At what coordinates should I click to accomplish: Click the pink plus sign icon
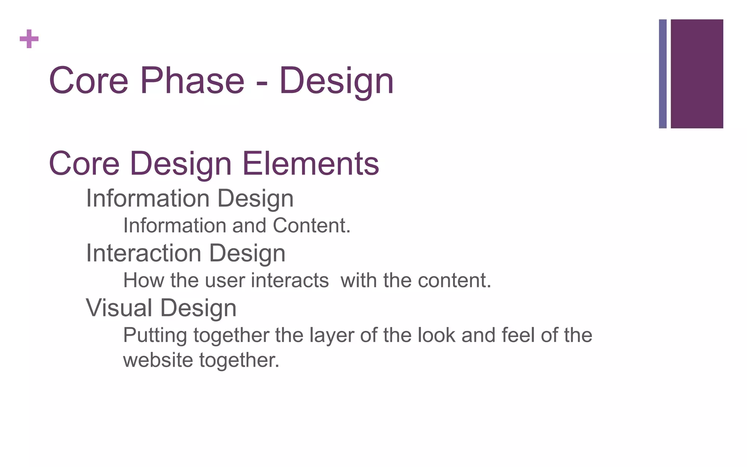(x=29, y=39)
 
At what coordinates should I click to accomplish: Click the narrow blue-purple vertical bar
(x=662, y=74)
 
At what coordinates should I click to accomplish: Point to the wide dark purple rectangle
(x=697, y=74)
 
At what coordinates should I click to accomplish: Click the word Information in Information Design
(x=147, y=198)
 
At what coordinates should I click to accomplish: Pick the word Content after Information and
(x=311, y=225)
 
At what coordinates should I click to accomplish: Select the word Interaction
(x=143, y=253)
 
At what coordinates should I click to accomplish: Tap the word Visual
(x=119, y=308)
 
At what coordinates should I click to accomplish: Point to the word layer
(x=332, y=336)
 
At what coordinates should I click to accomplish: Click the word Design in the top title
(x=336, y=81)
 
